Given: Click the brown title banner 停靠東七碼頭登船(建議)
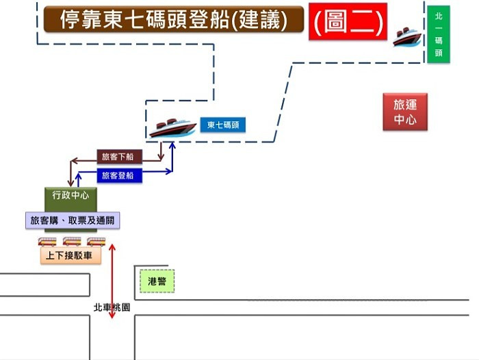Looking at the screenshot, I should pyautogui.click(x=173, y=20).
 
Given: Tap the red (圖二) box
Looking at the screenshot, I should pyautogui.click(x=348, y=21).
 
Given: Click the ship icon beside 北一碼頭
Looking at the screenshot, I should pyautogui.click(x=406, y=36).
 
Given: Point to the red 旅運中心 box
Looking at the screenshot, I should pyautogui.click(x=405, y=112).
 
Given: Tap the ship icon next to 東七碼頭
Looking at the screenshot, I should pyautogui.click(x=172, y=127).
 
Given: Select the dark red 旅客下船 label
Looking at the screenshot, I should pyautogui.click(x=119, y=157).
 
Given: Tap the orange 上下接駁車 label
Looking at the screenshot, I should pyautogui.click(x=70, y=256).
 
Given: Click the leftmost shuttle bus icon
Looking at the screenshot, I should pyautogui.click(x=47, y=241).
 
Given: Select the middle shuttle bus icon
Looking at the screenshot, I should pyautogui.click(x=72, y=241).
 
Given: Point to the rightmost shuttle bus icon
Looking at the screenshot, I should pyautogui.click(x=96, y=241).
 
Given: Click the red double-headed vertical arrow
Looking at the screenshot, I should pyautogui.click(x=112, y=281).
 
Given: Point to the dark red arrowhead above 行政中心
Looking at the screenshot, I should pyautogui.click(x=70, y=182).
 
